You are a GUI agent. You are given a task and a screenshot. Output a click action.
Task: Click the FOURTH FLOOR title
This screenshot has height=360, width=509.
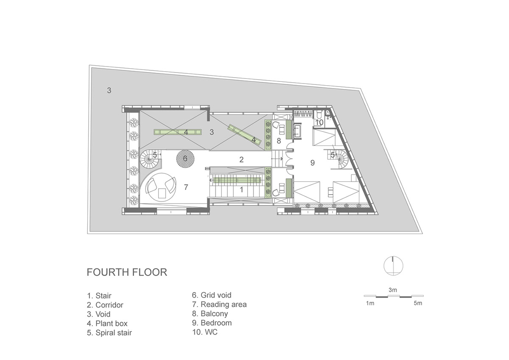click(127, 272)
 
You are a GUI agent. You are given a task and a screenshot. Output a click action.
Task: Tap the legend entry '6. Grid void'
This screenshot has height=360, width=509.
click(212, 295)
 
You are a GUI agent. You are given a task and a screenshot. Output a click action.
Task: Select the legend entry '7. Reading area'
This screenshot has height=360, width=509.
click(219, 304)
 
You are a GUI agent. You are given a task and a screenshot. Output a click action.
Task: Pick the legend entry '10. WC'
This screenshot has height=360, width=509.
click(205, 332)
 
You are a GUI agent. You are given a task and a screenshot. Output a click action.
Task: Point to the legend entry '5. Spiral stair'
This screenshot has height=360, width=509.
click(109, 333)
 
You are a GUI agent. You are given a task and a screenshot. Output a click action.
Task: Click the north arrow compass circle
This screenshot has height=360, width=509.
click(393, 266)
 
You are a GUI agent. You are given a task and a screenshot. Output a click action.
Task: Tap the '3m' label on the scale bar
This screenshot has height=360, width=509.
click(393, 290)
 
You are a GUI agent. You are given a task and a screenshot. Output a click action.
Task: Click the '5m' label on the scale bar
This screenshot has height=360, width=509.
click(418, 303)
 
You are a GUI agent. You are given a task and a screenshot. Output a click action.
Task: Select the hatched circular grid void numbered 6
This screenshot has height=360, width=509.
click(185, 159)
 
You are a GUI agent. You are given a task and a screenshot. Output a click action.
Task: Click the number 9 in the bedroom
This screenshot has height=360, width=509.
click(313, 163)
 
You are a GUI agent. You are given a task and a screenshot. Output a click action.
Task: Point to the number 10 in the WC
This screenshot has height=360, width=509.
click(319, 123)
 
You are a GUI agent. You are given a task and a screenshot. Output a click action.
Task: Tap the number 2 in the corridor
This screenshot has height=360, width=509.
click(241, 160)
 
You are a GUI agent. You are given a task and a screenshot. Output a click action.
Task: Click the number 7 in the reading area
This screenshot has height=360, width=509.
click(186, 187)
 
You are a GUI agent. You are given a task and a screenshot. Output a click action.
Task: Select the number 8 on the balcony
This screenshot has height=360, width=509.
click(279, 141)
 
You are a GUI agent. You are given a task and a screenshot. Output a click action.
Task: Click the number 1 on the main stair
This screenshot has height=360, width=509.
click(241, 190)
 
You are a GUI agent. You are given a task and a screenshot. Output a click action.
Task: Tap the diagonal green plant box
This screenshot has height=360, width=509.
click(245, 134)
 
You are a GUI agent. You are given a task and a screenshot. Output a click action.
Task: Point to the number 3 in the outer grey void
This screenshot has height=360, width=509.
click(109, 90)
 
